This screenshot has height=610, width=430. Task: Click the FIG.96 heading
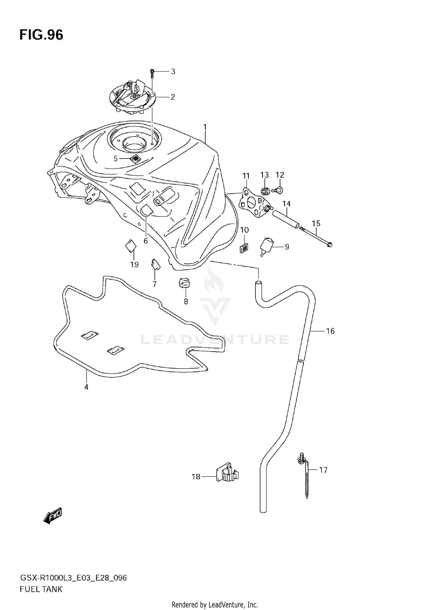coord(41,35)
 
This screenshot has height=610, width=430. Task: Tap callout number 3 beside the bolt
coord(173,71)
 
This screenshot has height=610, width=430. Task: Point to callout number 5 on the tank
coord(116,158)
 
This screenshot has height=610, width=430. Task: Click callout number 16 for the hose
coord(330,331)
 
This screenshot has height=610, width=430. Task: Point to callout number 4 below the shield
coord(86,387)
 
